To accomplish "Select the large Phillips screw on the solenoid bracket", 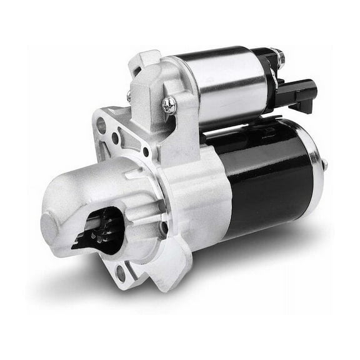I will coord(169,105).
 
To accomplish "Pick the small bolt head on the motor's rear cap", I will coord(324,164).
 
